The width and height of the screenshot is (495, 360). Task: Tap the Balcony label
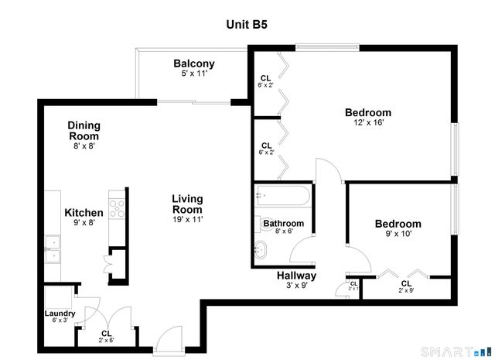(193, 63)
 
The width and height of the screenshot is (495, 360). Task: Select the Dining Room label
(84, 130)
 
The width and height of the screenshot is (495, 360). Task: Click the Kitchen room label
(84, 213)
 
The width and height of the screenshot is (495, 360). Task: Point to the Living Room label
(187, 204)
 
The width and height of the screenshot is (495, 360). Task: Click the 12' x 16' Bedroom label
(367, 112)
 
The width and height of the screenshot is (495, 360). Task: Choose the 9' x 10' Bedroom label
(398, 224)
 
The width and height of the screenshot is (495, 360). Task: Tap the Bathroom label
(283, 224)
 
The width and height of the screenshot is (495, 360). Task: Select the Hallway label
(296, 275)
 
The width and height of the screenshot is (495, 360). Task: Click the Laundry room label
(59, 313)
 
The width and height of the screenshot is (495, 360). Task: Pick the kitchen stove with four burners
(117, 207)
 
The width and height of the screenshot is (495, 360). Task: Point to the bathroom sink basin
(261, 249)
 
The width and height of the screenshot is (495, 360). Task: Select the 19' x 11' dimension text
(187, 220)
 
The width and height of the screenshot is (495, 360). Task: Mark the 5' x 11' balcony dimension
(193, 74)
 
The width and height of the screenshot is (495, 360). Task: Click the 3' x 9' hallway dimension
(296, 286)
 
